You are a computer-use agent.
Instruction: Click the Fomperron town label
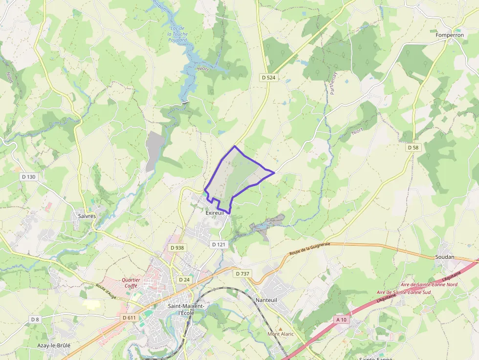coord(450,35)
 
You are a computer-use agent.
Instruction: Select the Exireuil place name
coord(215,213)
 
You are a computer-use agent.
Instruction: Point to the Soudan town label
coord(444,257)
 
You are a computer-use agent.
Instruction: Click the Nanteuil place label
coord(266,300)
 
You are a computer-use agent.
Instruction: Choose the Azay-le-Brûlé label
coord(54,345)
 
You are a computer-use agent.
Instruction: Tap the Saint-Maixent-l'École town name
coord(186,309)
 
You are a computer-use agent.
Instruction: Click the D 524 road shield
coord(268,77)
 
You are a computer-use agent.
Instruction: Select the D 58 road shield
coord(414,147)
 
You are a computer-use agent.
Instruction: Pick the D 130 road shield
coord(29,176)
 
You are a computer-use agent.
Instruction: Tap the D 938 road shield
coord(177,248)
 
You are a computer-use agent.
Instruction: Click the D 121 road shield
coord(219,244)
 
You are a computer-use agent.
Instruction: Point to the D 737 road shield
coord(242,274)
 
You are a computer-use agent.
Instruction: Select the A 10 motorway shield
coord(342,319)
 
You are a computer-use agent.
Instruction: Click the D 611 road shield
coord(129,318)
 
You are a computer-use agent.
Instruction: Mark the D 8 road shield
coord(35,319)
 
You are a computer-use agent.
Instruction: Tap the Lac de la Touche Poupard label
coord(177,34)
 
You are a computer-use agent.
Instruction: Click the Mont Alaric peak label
coord(280,334)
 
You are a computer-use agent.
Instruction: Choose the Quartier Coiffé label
coord(131,283)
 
